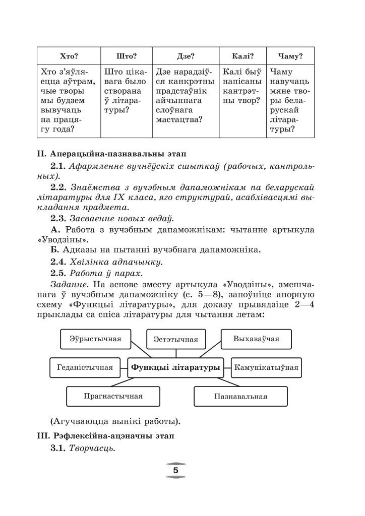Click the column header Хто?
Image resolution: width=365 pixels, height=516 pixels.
(69, 56)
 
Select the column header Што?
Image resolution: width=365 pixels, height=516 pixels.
(127, 56)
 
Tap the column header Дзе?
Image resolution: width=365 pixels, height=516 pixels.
(186, 56)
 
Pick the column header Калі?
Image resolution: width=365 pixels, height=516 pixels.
(242, 56)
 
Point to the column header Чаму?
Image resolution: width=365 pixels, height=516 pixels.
(290, 56)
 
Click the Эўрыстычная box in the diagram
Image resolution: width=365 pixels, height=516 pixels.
(95, 339)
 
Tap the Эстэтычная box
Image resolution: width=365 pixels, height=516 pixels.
(175, 339)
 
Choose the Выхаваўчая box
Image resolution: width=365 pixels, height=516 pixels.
(256, 339)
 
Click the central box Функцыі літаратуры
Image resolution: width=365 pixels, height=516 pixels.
(175, 367)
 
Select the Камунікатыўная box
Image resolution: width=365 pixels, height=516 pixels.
(266, 367)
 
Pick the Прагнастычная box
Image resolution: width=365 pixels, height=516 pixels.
(113, 396)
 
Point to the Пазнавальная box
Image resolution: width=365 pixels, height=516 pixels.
(240, 396)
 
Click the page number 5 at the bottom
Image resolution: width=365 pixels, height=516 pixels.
(175, 470)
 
